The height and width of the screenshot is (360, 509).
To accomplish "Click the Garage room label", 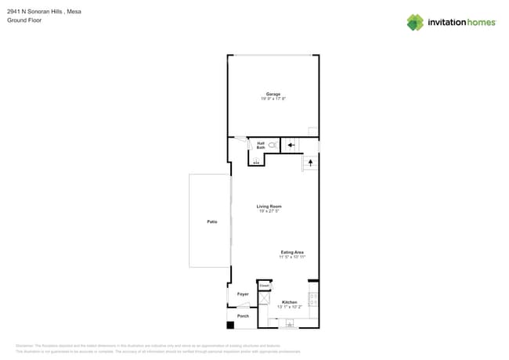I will tap(273, 94).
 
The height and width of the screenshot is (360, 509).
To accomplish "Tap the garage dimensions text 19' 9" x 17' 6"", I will tap(273, 99).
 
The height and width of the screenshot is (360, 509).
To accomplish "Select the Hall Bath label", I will tap(260, 145).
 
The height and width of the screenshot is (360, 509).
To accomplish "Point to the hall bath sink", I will tap(255, 161).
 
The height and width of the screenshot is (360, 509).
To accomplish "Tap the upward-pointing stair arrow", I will tap(310, 163).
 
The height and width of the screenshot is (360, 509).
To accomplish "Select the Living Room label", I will tap(269, 207).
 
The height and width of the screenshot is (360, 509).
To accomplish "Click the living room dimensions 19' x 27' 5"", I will tap(269, 211).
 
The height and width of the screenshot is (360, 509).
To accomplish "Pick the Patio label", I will tap(211, 222).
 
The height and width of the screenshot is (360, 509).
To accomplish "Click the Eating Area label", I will tap(292, 252).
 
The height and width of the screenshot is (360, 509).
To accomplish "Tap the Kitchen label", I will tap(289, 302).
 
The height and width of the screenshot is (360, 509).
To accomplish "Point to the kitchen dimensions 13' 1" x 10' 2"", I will tap(289, 307).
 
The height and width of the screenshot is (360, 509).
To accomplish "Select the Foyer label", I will tap(243, 294).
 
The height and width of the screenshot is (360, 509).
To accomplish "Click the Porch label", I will tap(243, 316).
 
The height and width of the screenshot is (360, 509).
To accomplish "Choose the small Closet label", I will tap(264, 286).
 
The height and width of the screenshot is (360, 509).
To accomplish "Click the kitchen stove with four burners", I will tap(313, 299).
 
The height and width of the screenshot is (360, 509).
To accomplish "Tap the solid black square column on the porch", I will tap(230, 325).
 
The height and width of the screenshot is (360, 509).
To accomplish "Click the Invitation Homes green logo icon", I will tap(415, 23).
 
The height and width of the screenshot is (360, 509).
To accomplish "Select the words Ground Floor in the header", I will tap(24, 20).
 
